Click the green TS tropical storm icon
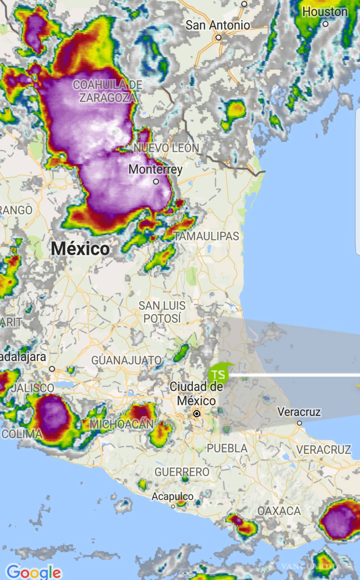coord(219,374)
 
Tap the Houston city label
coord(325,12)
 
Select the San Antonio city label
coord(217,25)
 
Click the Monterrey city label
coord(155,169)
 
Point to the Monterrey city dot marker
coord(156,182)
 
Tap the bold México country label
coord(80,248)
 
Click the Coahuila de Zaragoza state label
coord(107,91)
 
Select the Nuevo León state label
coord(166,148)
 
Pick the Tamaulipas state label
coord(206,236)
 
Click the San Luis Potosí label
coord(162,312)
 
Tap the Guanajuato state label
coord(126,360)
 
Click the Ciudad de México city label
coord(196,393)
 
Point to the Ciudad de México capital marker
coord(197,414)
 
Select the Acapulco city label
coord(172,496)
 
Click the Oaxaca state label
coord(279,511)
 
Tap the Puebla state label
coord(227,448)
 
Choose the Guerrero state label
coord(182,472)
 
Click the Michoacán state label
coord(122,424)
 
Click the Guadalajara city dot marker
coord(52,369)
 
